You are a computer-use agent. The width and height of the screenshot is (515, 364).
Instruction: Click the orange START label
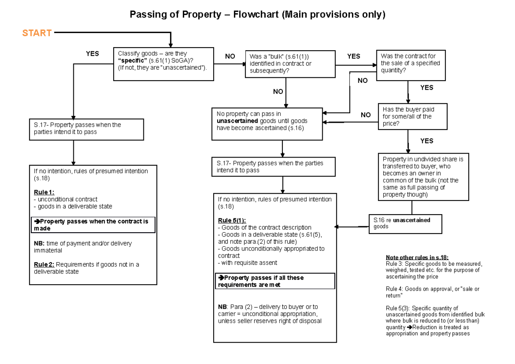tap(37, 33)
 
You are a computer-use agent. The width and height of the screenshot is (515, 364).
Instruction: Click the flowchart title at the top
tap(257, 15)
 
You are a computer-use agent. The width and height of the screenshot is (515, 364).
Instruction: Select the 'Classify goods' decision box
tap(163, 64)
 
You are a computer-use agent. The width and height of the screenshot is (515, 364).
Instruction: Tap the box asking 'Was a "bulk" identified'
tap(290, 64)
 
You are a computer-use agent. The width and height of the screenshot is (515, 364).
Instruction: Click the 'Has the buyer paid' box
tap(412, 116)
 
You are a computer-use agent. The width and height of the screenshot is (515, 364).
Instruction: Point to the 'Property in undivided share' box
tap(423, 176)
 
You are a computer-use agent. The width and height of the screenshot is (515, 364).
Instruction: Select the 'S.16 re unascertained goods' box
tap(405, 223)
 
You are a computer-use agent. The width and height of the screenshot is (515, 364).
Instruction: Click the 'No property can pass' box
tap(267, 124)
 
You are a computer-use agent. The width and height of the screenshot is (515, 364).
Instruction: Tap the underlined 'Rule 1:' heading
tap(44, 192)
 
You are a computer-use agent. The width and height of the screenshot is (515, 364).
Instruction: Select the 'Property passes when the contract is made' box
tap(93, 225)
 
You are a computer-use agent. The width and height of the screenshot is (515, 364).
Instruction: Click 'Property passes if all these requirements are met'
tap(275, 281)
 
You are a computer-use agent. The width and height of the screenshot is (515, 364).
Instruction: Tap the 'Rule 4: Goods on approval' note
tap(433, 292)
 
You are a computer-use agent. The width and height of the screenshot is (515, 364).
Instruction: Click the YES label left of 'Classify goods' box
tap(92, 54)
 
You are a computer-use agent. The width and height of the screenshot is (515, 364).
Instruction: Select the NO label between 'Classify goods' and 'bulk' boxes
tap(230, 57)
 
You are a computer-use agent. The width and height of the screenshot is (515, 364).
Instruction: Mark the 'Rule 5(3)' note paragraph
tap(433, 321)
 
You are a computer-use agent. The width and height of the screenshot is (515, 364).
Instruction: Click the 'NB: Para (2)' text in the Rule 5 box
tap(270, 314)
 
